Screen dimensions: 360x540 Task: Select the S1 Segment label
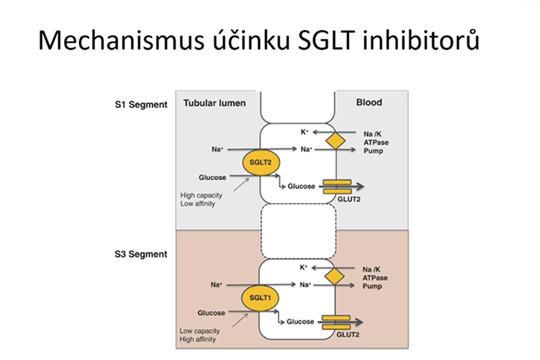[x=141, y=104]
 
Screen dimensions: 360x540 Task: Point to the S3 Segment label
[x=141, y=254]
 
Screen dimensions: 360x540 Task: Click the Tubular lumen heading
[x=215, y=103]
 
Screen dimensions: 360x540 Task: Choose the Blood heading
[x=369, y=103]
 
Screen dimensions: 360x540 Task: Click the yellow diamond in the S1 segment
[x=335, y=140]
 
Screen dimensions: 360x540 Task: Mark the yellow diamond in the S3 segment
[x=335, y=275]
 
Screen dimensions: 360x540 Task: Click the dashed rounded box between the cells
[x=298, y=231]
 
